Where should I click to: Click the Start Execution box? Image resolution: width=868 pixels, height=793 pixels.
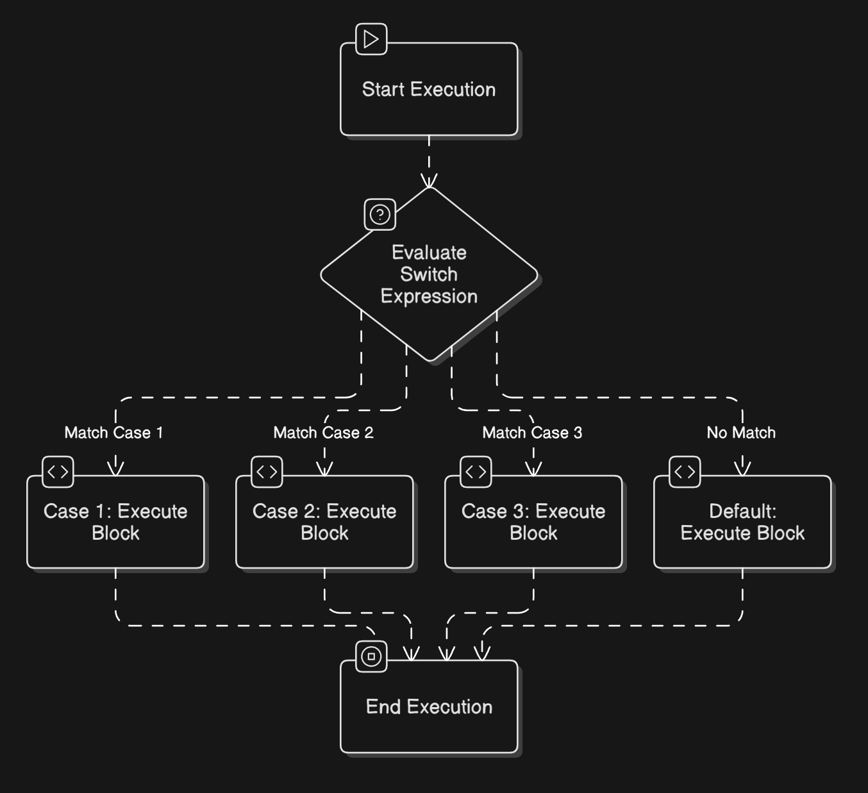(x=429, y=89)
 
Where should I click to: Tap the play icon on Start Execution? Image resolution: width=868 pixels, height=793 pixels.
(x=371, y=39)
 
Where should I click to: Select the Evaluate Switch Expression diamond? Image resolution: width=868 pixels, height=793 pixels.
(x=429, y=274)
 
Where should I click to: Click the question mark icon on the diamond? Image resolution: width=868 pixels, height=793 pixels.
(x=380, y=214)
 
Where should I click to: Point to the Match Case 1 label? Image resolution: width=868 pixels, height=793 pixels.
(x=114, y=433)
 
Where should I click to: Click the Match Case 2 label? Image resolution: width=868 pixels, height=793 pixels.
(x=323, y=433)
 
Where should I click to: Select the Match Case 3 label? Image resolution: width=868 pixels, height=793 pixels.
(x=532, y=433)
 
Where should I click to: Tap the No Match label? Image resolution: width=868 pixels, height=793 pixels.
(x=741, y=433)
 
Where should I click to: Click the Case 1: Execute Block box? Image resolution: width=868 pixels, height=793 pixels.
(x=115, y=522)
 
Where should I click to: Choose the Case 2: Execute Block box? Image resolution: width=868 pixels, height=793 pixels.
(x=324, y=522)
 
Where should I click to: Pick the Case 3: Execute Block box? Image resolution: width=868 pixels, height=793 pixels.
(x=533, y=522)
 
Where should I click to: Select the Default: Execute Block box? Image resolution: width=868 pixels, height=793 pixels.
(x=742, y=522)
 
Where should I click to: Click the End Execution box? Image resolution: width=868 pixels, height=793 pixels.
(x=429, y=706)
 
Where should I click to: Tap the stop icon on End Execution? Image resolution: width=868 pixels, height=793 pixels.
(x=371, y=656)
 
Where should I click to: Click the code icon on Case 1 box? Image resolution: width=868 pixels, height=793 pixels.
(x=58, y=472)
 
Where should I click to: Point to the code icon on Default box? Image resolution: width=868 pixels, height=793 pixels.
(x=685, y=472)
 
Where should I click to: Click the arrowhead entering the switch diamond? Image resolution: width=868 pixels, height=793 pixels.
(x=429, y=181)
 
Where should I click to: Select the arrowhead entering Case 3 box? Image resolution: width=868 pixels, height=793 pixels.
(x=533, y=469)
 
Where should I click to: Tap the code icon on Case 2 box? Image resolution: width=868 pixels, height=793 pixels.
(x=267, y=472)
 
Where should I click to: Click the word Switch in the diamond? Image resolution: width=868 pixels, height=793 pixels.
(x=429, y=274)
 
